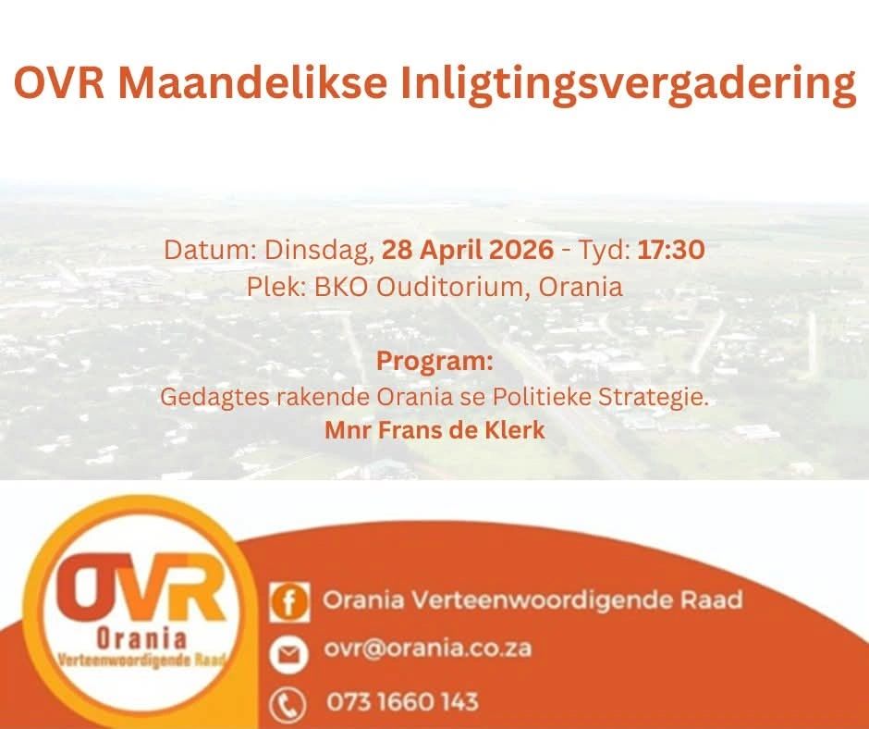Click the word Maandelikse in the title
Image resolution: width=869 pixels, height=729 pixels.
[x=252, y=82]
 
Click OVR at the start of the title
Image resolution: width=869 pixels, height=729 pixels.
[x=59, y=82]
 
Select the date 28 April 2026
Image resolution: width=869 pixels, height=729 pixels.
[x=467, y=250]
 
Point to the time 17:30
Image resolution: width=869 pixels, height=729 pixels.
[x=671, y=250]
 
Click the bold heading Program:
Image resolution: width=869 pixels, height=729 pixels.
[x=434, y=361]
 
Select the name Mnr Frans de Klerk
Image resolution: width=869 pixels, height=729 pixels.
[x=434, y=430]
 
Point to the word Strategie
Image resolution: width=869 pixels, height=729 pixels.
[x=654, y=397]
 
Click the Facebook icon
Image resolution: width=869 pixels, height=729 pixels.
[x=289, y=602]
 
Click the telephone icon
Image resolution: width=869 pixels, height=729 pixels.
[x=288, y=705]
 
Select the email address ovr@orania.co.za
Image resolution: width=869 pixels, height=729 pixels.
[x=427, y=648]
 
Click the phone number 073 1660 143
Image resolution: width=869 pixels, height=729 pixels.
[x=402, y=701]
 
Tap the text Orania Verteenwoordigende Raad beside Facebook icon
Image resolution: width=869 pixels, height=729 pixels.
[x=532, y=600]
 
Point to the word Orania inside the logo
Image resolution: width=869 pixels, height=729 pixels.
[x=141, y=638]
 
